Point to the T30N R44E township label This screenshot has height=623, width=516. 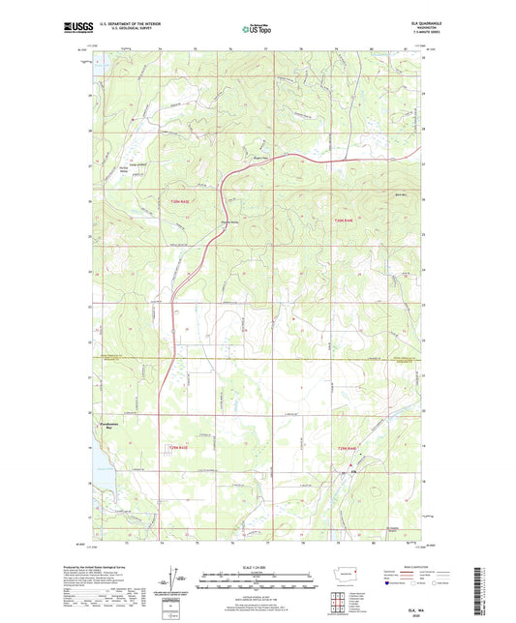(346, 222)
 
